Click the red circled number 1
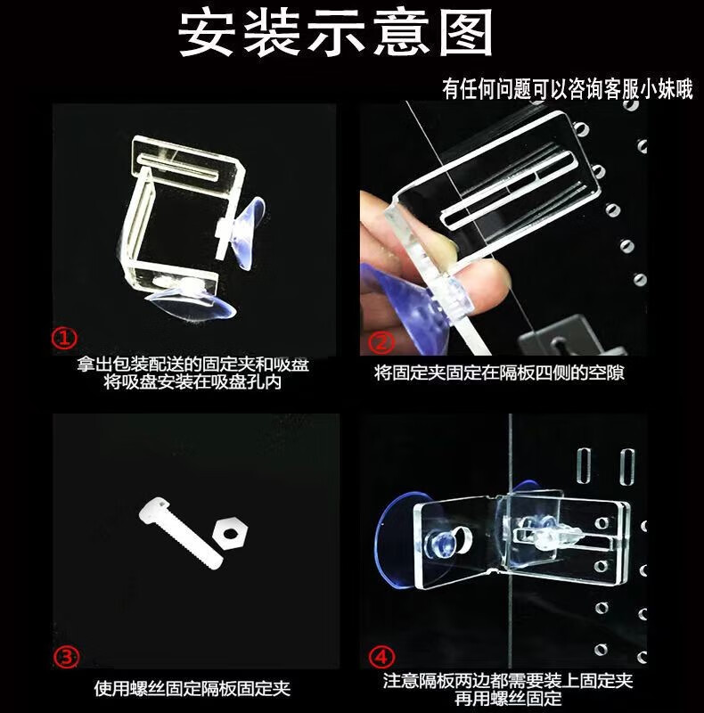(64, 338)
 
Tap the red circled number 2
(381, 342)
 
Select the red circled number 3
(67, 657)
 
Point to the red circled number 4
(381, 657)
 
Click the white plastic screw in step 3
(181, 533)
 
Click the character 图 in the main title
(466, 34)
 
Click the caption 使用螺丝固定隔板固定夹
(192, 688)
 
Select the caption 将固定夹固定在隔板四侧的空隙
(499, 373)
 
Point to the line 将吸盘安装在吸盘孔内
(192, 382)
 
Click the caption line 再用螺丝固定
(508, 698)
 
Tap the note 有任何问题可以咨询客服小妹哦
(568, 88)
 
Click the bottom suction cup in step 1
(191, 300)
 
